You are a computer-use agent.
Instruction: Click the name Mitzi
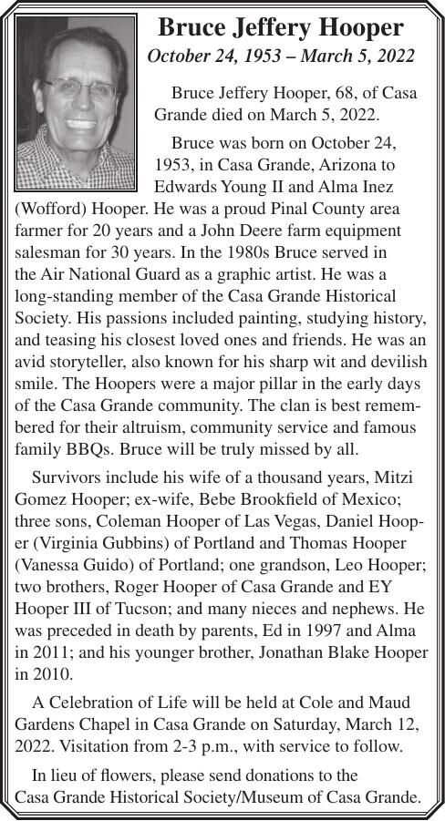[x=407, y=478]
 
